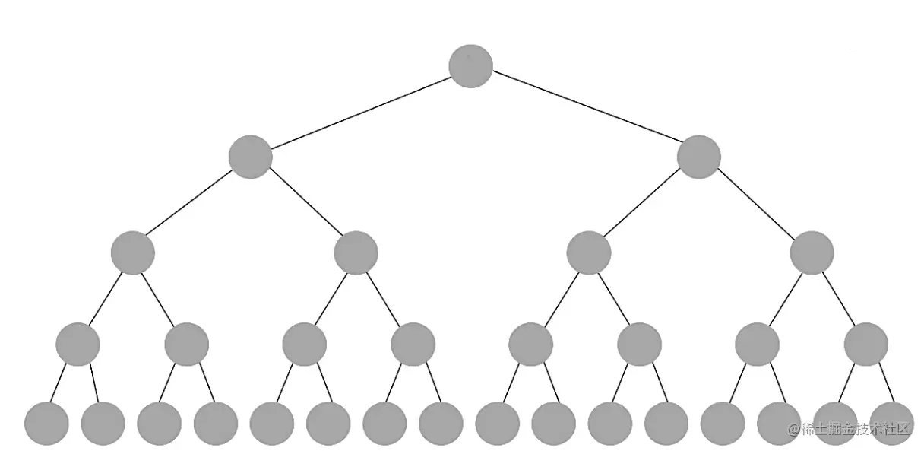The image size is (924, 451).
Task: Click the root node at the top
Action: [470, 65]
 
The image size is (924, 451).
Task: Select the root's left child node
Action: [250, 157]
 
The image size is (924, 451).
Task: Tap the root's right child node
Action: [698, 157]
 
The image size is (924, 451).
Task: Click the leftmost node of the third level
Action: [132, 252]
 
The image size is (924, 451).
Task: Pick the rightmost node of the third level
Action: [812, 252]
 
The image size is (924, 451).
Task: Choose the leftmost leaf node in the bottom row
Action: [46, 424]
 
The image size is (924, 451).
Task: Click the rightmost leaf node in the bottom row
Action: [891, 424]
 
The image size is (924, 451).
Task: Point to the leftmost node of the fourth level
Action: [78, 344]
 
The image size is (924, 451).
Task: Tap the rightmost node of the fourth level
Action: [865, 344]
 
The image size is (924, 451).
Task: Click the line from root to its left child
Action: [360, 111]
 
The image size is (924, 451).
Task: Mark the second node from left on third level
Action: [356, 252]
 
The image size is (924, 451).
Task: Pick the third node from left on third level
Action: [588, 252]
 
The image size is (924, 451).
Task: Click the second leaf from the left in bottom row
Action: [103, 424]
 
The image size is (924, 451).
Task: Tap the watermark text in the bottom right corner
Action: [850, 428]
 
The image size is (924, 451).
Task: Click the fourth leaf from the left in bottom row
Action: [216, 424]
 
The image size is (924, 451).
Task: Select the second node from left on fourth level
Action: [186, 344]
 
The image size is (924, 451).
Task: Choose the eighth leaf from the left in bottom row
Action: [441, 424]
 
